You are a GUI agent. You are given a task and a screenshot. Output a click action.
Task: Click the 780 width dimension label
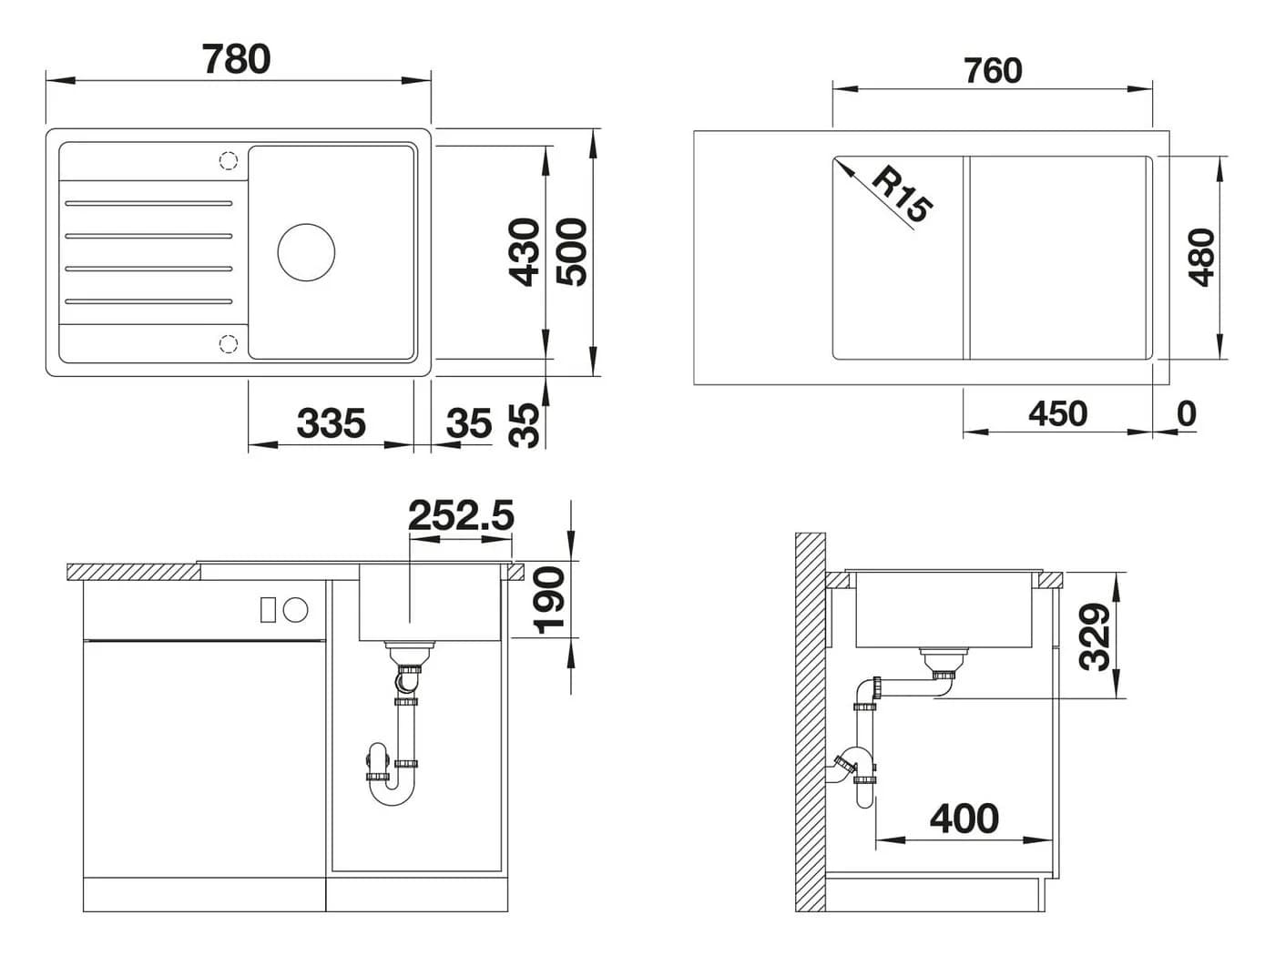236,58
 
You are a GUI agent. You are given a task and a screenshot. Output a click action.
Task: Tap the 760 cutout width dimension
993,71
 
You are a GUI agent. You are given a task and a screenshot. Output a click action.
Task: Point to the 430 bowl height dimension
524,252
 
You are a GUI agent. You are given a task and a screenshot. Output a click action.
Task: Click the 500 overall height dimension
572,252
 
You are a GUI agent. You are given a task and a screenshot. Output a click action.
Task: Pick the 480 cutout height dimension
1201,258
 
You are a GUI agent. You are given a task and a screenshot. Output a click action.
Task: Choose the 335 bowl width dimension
331,422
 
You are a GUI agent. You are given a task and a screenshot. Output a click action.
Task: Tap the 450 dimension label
1057,414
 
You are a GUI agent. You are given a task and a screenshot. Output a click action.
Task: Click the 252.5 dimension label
461,514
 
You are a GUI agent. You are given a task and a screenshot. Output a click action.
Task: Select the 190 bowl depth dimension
549,600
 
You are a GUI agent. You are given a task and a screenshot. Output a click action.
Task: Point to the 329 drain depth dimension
1095,636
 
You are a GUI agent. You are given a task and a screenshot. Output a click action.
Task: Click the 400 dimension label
964,819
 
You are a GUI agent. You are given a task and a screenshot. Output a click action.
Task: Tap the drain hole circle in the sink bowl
306,252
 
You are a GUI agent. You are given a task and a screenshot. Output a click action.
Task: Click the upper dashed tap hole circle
229,160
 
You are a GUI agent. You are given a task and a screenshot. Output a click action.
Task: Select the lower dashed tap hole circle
229,343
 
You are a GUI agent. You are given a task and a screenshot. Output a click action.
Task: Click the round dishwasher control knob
296,609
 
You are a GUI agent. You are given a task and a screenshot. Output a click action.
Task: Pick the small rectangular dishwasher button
268,609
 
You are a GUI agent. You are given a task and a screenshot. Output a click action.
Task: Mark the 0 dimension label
1187,414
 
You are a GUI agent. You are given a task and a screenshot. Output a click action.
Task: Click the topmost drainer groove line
148,203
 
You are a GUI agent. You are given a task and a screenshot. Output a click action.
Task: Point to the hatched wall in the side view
811,722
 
